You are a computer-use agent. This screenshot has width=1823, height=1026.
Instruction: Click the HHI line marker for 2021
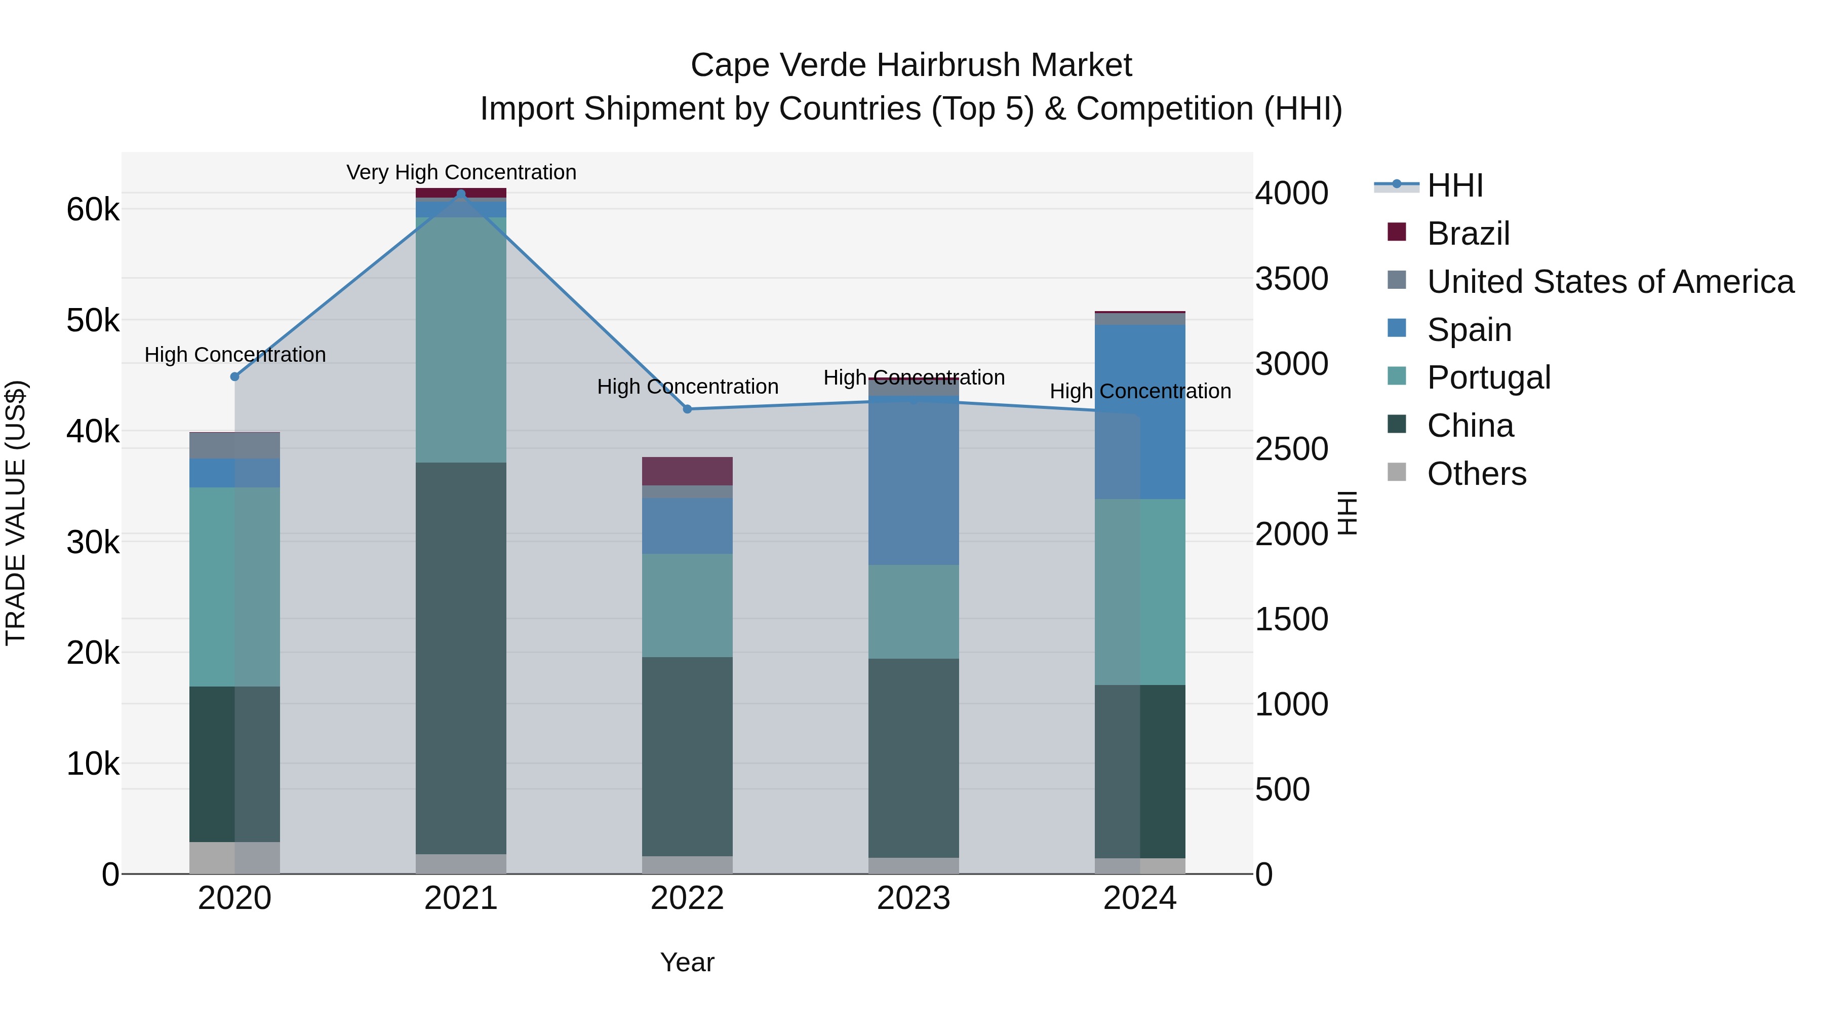(x=461, y=194)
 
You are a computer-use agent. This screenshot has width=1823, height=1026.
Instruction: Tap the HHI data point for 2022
(x=687, y=409)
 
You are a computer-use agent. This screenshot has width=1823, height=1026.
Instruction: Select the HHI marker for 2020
(x=235, y=376)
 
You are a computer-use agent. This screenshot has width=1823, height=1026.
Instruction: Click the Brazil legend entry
(x=1469, y=234)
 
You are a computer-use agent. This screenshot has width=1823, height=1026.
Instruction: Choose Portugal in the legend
(x=1488, y=377)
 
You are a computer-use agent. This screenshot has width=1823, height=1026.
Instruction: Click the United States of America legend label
(x=1610, y=282)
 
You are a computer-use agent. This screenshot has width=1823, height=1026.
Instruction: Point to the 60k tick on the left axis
(x=93, y=210)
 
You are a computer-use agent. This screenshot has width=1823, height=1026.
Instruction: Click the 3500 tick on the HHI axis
(x=1291, y=279)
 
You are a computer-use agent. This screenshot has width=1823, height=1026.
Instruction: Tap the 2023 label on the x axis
(x=913, y=898)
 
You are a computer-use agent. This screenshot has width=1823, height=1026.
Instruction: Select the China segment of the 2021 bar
(x=461, y=659)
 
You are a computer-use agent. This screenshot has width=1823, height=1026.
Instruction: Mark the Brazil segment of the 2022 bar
(x=687, y=471)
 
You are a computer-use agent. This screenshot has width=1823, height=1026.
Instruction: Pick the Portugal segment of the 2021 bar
(x=461, y=340)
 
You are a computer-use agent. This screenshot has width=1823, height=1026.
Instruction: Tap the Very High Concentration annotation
(x=461, y=173)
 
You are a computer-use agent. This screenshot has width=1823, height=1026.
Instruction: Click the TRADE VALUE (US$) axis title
(x=16, y=513)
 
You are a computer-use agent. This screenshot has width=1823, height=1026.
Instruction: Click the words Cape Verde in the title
(x=778, y=65)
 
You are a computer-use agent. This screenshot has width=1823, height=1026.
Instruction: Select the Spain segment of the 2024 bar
(x=1139, y=412)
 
